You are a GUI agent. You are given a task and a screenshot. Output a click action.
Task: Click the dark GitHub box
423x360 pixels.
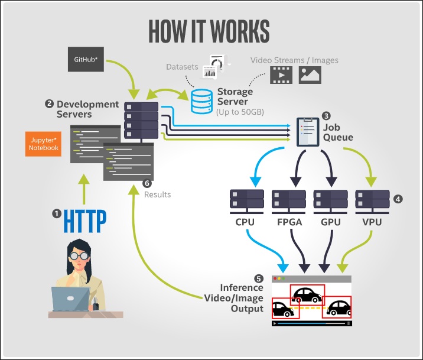[86, 59]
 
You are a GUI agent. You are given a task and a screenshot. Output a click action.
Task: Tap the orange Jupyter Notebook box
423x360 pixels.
[43, 144]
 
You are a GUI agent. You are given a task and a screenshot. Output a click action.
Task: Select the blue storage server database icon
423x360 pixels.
[201, 102]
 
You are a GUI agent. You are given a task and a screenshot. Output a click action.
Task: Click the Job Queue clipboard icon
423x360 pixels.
[308, 132]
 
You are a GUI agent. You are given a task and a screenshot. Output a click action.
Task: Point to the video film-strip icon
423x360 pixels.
[281, 75]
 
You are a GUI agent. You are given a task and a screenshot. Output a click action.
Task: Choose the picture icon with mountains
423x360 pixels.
[310, 75]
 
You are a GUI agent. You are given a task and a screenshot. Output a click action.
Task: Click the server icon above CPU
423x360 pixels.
[246, 202]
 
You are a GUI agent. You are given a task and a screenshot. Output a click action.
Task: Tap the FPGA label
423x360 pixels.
[289, 222]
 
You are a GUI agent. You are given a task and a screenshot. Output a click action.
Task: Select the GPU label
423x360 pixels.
[331, 222]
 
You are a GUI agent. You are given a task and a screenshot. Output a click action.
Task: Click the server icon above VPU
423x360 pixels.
[372, 202]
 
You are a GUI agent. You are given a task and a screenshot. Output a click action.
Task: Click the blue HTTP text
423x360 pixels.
[84, 221]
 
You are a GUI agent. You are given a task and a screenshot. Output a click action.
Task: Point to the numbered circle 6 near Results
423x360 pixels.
[147, 183]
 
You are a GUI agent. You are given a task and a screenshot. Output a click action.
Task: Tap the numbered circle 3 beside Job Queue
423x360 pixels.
[326, 116]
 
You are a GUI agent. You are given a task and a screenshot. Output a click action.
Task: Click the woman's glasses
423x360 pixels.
[79, 255]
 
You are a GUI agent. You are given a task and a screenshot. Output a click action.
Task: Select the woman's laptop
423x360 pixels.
[70, 299]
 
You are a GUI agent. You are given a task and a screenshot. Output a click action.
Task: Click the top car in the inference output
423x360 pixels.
[307, 295]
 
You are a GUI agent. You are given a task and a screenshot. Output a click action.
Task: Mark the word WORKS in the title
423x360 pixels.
[239, 31]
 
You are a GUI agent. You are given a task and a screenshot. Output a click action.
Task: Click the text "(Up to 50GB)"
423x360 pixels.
[240, 112]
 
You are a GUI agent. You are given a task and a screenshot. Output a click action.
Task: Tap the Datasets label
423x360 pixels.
[182, 67]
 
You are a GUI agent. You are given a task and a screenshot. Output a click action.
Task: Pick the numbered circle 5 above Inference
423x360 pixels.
[258, 278]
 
